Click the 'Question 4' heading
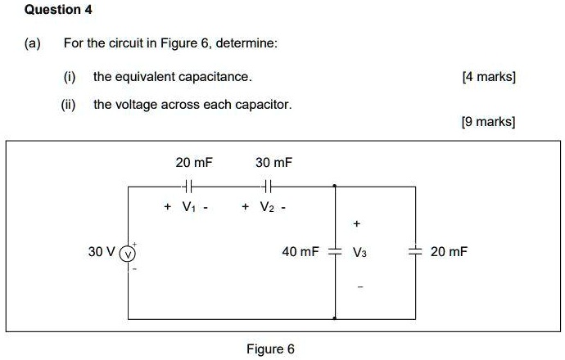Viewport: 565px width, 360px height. [x=58, y=11]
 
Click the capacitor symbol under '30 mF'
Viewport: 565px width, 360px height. [x=264, y=187]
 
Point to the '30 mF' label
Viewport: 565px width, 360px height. [x=273, y=163]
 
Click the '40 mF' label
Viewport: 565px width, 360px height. [x=300, y=252]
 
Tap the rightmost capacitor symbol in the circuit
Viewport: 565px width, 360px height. [x=415, y=252]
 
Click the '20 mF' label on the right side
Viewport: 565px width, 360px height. [x=449, y=252]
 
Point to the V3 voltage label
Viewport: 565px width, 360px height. [x=360, y=253]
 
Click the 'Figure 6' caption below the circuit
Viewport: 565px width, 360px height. [x=270, y=349]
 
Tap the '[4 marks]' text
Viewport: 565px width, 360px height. [x=489, y=77]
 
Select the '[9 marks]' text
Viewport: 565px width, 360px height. [x=489, y=122]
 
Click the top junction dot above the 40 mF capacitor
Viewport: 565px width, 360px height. [x=334, y=187]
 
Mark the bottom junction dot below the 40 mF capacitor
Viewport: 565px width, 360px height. [x=334, y=317]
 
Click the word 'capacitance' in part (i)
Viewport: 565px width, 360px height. [x=219, y=77]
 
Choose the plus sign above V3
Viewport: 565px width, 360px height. [x=357, y=223]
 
